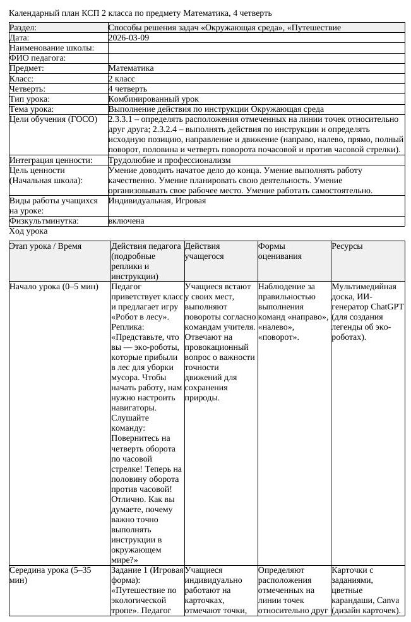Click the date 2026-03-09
(129, 38)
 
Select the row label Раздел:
(23, 28)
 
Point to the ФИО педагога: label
(37, 58)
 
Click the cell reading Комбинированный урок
(153, 99)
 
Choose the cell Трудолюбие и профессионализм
(170, 160)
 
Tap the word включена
(126, 221)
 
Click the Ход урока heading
(28, 232)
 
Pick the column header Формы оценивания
(280, 251)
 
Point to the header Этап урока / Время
(45, 246)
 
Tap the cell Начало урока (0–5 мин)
(54, 287)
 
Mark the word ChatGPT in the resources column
(387, 307)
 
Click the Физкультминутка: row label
(43, 221)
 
